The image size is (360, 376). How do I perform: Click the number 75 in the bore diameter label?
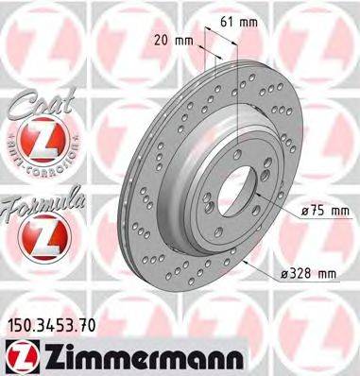[307, 211]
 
